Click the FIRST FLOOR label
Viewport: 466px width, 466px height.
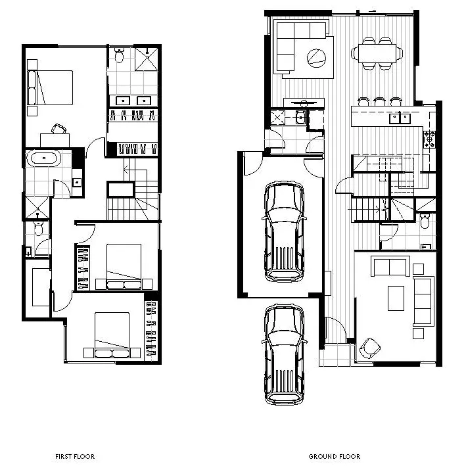[76, 456]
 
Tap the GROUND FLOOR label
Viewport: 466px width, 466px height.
[334, 456]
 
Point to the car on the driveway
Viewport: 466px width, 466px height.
[284, 355]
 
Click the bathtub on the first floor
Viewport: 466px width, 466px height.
[44, 158]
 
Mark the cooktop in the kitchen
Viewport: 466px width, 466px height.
[430, 139]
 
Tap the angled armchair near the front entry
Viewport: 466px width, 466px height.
[370, 348]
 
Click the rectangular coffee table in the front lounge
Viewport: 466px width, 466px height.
[396, 298]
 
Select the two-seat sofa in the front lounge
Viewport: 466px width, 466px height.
[390, 267]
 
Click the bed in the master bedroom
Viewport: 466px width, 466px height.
[51, 87]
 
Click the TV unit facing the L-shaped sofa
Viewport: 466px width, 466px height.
[304, 102]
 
